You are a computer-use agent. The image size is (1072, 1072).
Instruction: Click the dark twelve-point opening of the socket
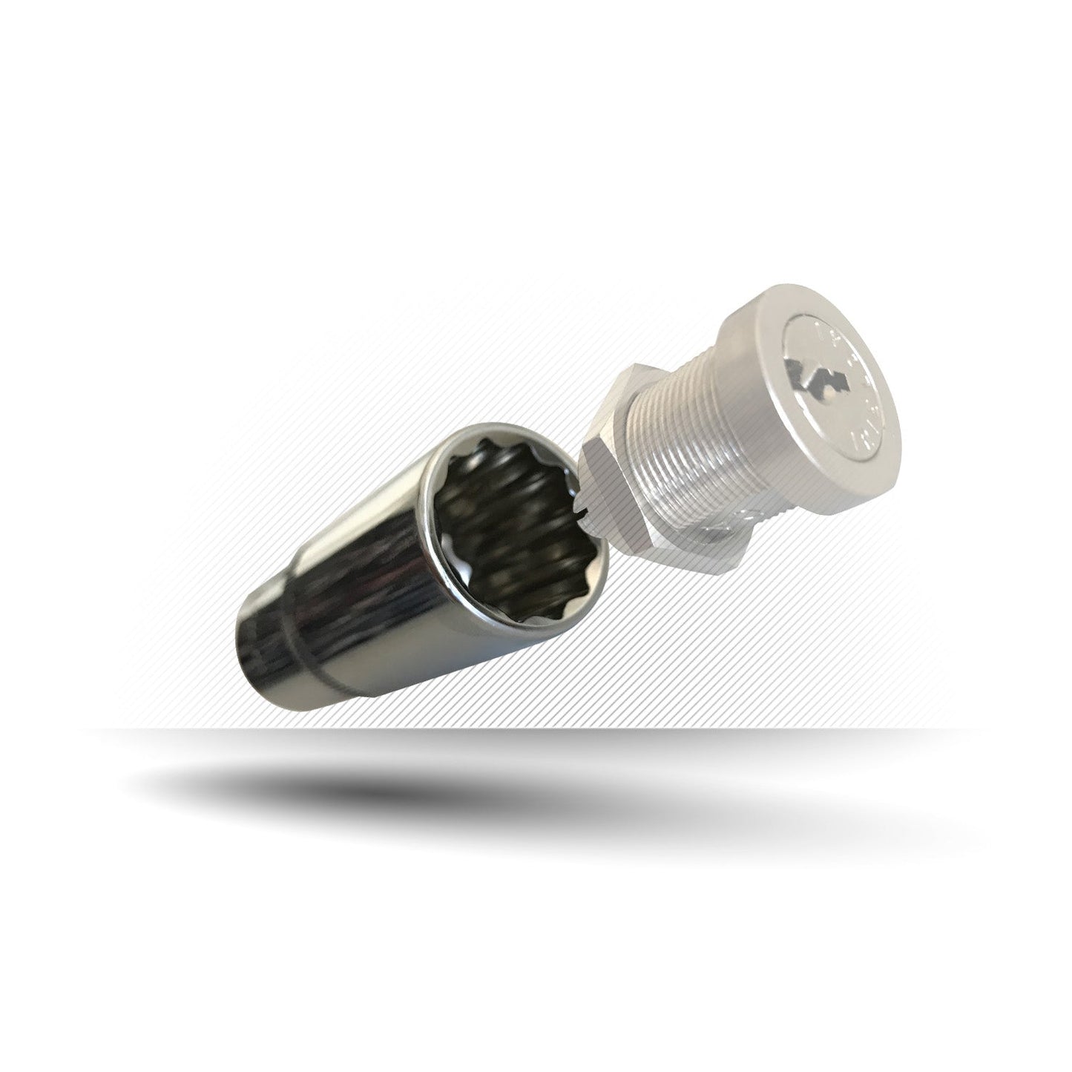[504, 519]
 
